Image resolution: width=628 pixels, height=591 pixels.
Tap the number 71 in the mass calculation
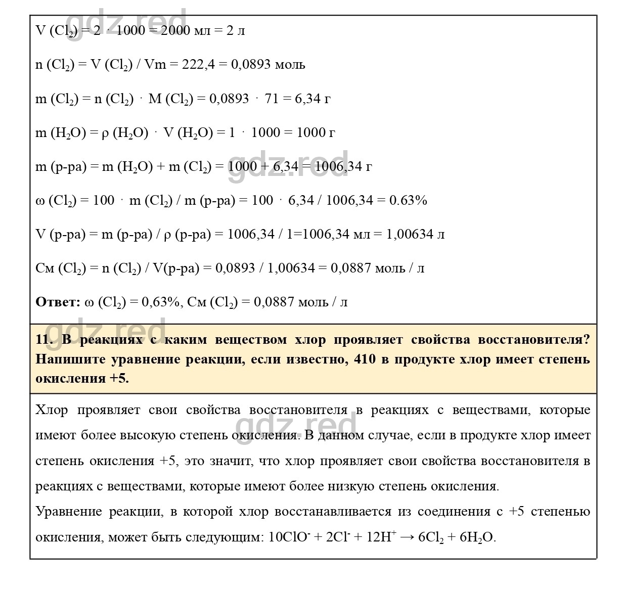[x=272, y=99]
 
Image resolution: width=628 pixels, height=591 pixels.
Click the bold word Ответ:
[x=58, y=302]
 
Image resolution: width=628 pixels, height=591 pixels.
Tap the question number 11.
[x=44, y=340]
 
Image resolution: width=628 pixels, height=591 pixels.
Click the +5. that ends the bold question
[x=119, y=379]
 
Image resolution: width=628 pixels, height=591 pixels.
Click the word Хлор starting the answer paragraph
[x=52, y=410]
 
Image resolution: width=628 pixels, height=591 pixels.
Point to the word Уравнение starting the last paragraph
[x=68, y=512]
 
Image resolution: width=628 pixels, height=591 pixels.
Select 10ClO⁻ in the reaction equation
[x=288, y=537]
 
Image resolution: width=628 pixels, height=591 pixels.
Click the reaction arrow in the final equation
[x=407, y=537]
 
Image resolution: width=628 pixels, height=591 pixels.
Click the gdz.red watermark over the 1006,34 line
[x=288, y=167]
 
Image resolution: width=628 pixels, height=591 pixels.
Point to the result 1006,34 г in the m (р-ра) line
[x=343, y=167]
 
